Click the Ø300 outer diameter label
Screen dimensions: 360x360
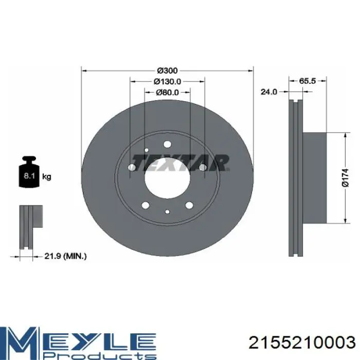[x=167, y=70]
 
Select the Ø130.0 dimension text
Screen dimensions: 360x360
[x=167, y=81]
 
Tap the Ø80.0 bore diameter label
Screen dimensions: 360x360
[x=167, y=92]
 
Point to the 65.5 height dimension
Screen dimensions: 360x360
[x=308, y=81]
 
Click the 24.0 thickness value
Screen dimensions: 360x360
[x=269, y=92]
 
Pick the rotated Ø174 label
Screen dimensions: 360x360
[x=345, y=177]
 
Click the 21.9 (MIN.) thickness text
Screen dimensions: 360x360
[x=65, y=256]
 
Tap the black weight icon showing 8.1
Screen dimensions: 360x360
[x=29, y=172]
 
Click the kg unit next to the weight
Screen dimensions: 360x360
[x=47, y=177]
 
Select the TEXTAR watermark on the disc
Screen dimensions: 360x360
[x=181, y=163]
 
